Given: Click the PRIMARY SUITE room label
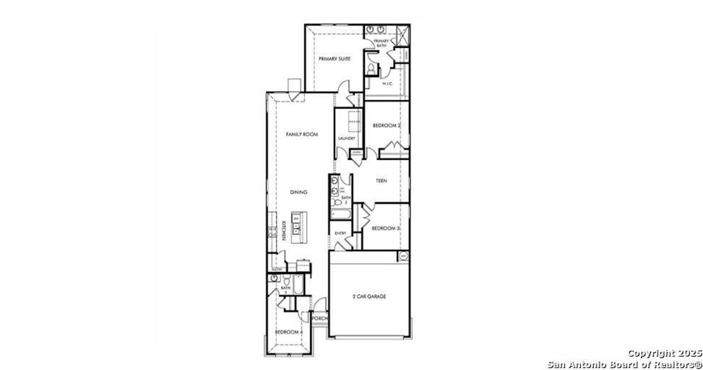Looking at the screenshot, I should pyautogui.click(x=335, y=59).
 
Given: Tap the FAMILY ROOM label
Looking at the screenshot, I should pyautogui.click(x=301, y=134).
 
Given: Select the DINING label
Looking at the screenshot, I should pyautogui.click(x=299, y=192).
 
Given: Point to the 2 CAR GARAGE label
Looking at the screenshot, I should pyautogui.click(x=369, y=297).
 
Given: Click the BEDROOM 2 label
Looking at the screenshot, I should pyautogui.click(x=387, y=126).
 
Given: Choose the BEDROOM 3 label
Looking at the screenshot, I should pyautogui.click(x=386, y=228).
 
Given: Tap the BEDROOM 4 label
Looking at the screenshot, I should pyautogui.click(x=288, y=332).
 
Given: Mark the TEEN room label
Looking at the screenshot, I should pyautogui.click(x=381, y=181).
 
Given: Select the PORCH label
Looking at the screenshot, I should pyautogui.click(x=319, y=319).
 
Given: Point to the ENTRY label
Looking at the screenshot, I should pyautogui.click(x=340, y=233).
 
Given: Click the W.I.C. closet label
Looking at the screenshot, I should pyautogui.click(x=388, y=83).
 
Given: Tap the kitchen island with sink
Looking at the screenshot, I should pyautogui.click(x=296, y=226).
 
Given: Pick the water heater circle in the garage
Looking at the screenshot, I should pyautogui.click(x=404, y=255).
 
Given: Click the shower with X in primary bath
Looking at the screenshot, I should pyautogui.click(x=403, y=35).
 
